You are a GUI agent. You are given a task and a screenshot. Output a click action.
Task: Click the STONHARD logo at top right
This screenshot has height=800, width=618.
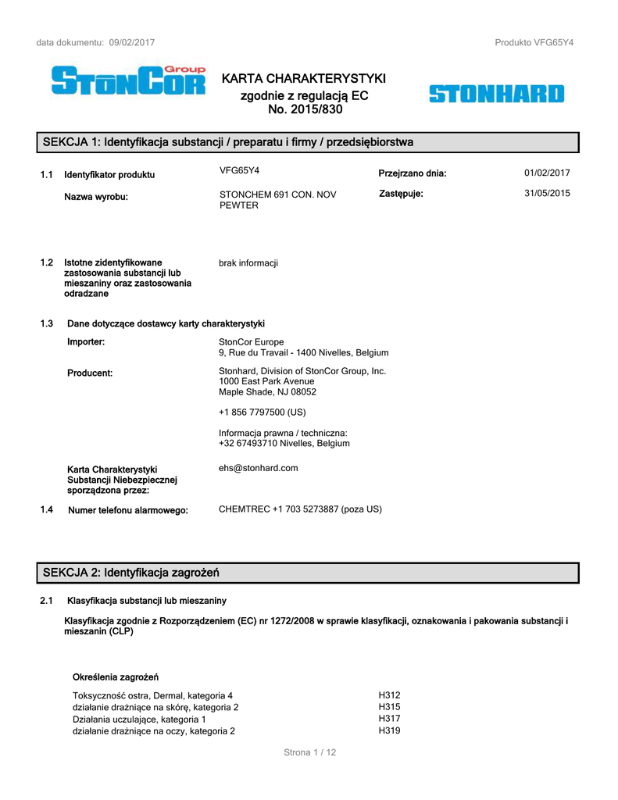click(x=495, y=95)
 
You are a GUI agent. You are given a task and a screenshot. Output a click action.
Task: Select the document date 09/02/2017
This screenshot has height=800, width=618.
click(x=132, y=42)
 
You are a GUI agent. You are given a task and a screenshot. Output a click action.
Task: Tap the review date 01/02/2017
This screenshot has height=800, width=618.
click(x=547, y=173)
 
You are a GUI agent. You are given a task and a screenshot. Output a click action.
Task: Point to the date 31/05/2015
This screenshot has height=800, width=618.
click(x=547, y=193)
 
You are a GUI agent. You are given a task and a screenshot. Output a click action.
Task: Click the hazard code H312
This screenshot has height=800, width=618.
click(x=389, y=695)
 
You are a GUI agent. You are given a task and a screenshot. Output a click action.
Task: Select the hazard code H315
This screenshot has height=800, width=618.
click(x=389, y=707)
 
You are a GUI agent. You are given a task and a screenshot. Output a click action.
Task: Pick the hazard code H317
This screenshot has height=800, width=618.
click(x=389, y=719)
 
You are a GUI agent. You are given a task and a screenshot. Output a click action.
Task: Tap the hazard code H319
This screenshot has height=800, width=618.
click(x=389, y=730)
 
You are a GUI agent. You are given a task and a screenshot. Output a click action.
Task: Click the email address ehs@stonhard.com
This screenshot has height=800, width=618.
click(x=258, y=468)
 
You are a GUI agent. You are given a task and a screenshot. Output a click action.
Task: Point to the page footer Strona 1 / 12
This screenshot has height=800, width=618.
click(x=309, y=752)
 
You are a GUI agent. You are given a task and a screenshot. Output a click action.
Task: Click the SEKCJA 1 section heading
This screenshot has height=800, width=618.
click(x=227, y=142)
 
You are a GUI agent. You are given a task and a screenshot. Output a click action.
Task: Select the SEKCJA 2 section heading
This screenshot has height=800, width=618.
click(x=130, y=573)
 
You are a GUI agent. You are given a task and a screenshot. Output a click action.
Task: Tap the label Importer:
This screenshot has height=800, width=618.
click(x=86, y=341)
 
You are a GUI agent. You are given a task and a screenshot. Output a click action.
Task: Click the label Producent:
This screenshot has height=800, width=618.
click(x=90, y=373)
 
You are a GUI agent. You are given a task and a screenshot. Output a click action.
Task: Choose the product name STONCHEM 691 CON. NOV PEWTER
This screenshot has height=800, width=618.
click(x=277, y=199)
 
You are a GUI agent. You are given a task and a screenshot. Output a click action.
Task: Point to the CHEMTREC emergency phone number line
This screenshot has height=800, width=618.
click(x=300, y=509)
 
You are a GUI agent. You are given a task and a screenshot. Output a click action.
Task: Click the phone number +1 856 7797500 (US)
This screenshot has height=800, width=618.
click(x=262, y=412)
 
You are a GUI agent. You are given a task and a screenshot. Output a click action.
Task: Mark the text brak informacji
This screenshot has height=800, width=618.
click(x=248, y=263)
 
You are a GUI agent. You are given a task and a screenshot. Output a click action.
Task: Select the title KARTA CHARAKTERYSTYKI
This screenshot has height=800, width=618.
click(x=304, y=79)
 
